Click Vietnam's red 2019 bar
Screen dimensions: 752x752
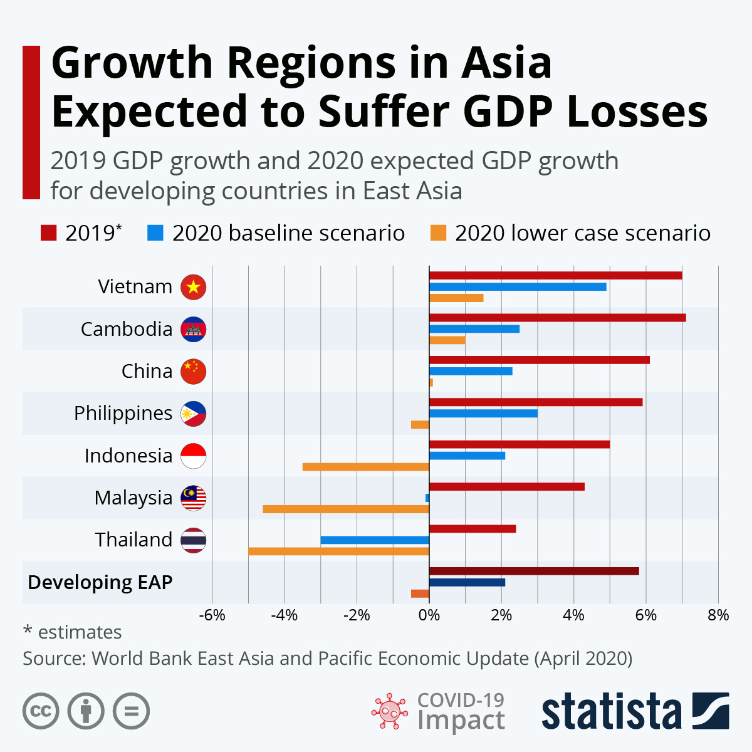click(x=555, y=276)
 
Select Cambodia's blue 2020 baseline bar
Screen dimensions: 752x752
click(x=474, y=329)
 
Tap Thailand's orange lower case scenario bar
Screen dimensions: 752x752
click(x=338, y=551)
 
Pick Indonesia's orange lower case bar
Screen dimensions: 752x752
click(x=366, y=467)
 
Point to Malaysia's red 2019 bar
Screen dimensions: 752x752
click(x=507, y=487)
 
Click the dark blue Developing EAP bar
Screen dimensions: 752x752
click(x=467, y=583)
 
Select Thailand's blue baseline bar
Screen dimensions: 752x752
click(x=375, y=540)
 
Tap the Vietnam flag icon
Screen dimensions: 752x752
click(x=193, y=287)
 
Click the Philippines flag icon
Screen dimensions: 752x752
click(x=193, y=414)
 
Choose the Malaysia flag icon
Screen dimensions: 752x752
click(x=193, y=498)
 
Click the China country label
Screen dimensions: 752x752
click(x=147, y=371)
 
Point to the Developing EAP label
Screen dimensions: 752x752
click(x=100, y=582)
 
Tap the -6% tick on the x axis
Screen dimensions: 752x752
click(x=212, y=615)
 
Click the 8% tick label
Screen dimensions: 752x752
click(x=718, y=615)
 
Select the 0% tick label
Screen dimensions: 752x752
click(x=429, y=615)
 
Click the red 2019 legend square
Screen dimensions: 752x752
click(x=48, y=233)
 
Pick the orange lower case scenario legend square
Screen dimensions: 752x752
click(x=438, y=233)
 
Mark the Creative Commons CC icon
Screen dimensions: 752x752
click(x=41, y=711)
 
